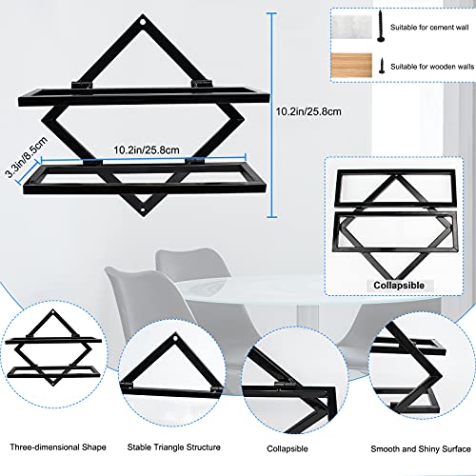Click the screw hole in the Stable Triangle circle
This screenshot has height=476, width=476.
pyautogui.click(x=177, y=340)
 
